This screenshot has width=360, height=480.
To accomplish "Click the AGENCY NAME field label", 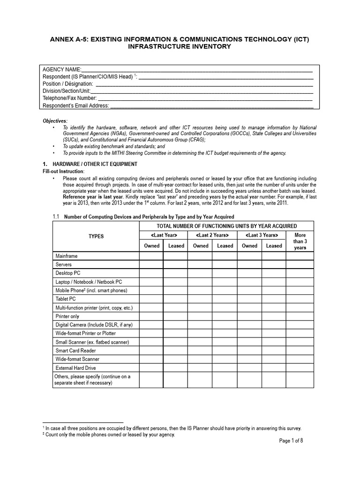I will pyautogui.click(x=62, y=70).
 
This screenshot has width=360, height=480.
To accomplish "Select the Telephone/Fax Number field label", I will pyautogui.click(x=69, y=98).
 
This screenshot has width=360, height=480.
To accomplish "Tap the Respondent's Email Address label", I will pyautogui.click(x=75, y=105).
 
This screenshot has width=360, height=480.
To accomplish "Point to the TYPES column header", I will pyautogui.click(x=96, y=236).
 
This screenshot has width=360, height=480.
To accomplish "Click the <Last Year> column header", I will pyautogui.click(x=164, y=235).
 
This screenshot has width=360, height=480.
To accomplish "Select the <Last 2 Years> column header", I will pyautogui.click(x=212, y=235).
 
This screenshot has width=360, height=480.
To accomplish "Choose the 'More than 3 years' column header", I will pyautogui.click(x=300, y=241).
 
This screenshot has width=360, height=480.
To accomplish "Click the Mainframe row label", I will pyautogui.click(x=67, y=256).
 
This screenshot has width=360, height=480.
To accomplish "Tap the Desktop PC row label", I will pyautogui.click(x=68, y=273).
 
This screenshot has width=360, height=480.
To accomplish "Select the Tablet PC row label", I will pyautogui.click(x=66, y=299).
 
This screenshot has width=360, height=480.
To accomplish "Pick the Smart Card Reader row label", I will pyautogui.click(x=75, y=351).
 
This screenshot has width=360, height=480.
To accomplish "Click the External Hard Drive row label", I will pyautogui.click(x=75, y=368).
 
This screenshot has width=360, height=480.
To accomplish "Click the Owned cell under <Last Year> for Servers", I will pyautogui.click(x=151, y=265).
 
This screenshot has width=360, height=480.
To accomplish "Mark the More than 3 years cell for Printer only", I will pyautogui.click(x=300, y=316).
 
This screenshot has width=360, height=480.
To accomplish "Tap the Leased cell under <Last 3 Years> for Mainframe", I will pyautogui.click(x=274, y=256).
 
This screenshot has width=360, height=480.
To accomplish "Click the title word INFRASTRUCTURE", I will pyautogui.click(x=161, y=47).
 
